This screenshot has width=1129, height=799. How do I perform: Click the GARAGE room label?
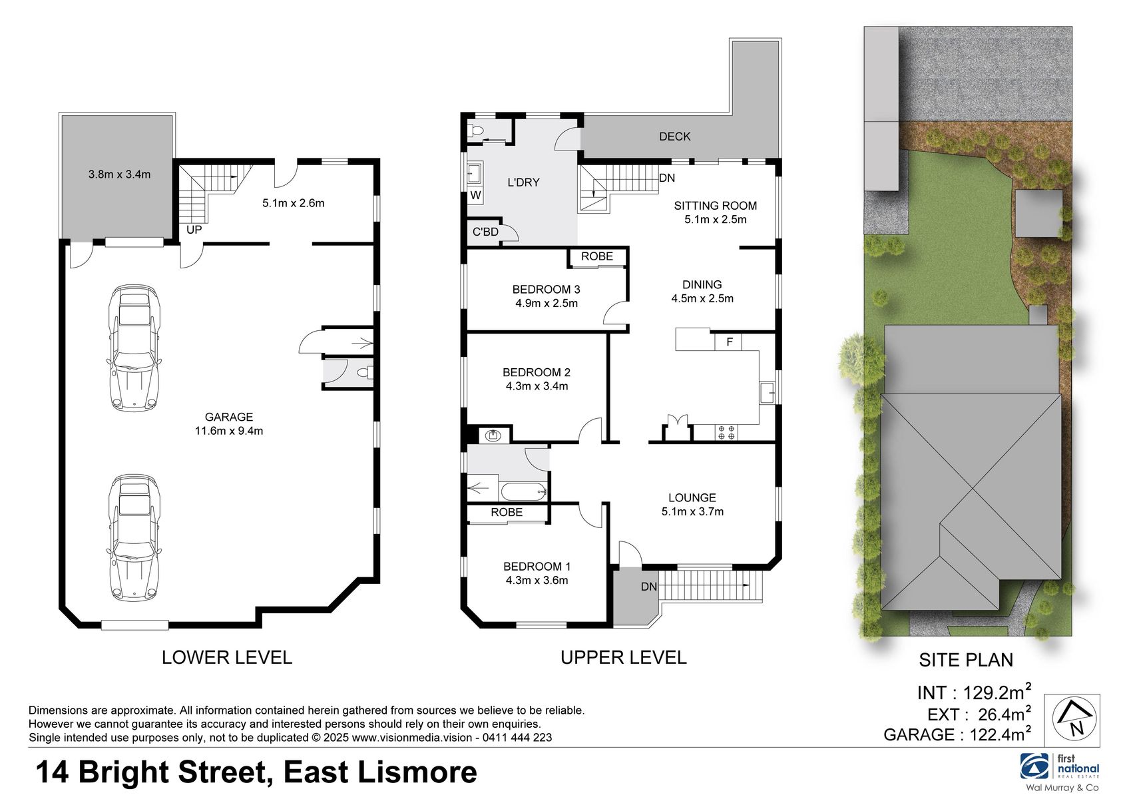point(228,417)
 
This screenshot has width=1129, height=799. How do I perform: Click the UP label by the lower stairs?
point(194,230)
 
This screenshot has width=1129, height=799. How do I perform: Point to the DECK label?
point(674,136)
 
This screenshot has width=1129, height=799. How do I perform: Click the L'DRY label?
point(523,182)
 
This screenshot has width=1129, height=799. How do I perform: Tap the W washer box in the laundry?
point(475,196)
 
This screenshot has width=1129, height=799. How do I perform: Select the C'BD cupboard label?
point(485,232)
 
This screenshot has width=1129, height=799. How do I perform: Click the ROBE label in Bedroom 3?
point(596,256)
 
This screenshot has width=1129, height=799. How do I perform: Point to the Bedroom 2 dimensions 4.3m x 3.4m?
point(537,386)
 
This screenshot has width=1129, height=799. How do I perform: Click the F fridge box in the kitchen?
point(730,342)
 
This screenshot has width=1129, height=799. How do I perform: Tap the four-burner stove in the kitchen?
point(726,433)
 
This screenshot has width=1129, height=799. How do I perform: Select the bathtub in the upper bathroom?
point(523,492)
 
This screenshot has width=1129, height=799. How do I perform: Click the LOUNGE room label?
point(692,498)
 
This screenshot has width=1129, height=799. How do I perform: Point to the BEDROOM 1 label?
point(537,567)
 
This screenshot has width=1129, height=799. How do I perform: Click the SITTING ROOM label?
point(715,206)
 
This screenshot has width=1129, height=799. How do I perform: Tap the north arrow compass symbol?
point(1072,720)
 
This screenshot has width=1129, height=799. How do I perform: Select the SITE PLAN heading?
point(966,660)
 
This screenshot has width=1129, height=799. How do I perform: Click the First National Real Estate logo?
point(1060,768)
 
